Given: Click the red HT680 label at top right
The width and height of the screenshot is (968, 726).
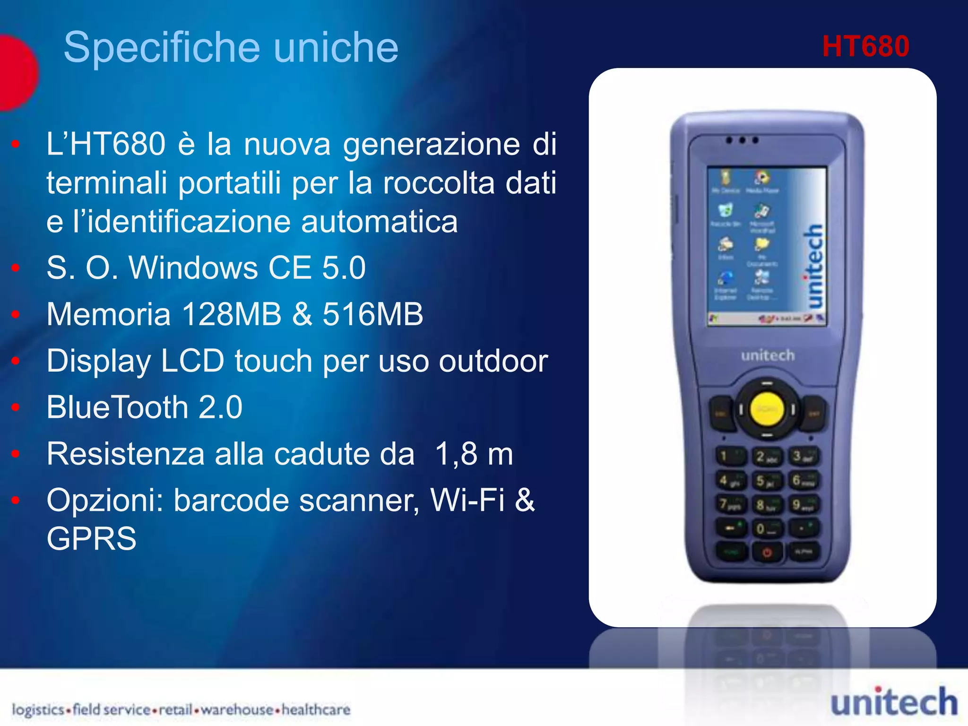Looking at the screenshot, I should pos(865,46).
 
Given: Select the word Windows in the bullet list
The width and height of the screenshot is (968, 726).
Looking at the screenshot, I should pos(193,268).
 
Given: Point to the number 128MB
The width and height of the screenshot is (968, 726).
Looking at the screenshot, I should pos(231,314).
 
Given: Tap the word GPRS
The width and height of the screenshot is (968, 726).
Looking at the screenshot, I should pos(91,538).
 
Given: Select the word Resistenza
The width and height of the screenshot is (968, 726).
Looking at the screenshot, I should pos(125,454).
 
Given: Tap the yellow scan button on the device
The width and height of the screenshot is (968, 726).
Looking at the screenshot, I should pos(767,409).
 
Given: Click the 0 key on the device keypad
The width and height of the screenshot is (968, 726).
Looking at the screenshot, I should pos(766,528).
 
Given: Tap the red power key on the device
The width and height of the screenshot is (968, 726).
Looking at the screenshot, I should pos(767,552).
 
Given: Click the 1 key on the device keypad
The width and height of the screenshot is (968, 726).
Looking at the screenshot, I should pos(729,457).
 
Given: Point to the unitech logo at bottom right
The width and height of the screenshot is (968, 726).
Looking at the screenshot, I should pos(894,702).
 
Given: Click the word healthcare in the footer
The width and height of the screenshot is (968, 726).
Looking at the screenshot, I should pos(316,709).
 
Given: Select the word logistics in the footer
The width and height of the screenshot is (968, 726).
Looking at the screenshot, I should pos(38,709).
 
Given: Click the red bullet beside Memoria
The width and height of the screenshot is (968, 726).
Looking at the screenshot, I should pos(16,314).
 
